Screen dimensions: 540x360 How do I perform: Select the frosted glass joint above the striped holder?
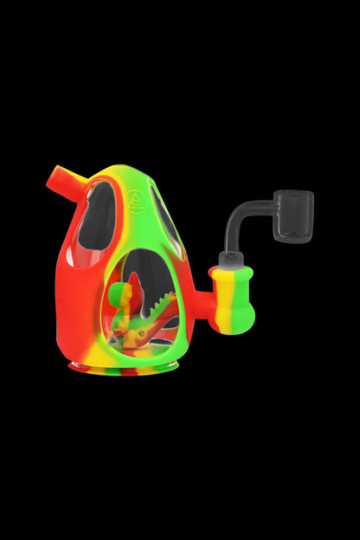[230, 259]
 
